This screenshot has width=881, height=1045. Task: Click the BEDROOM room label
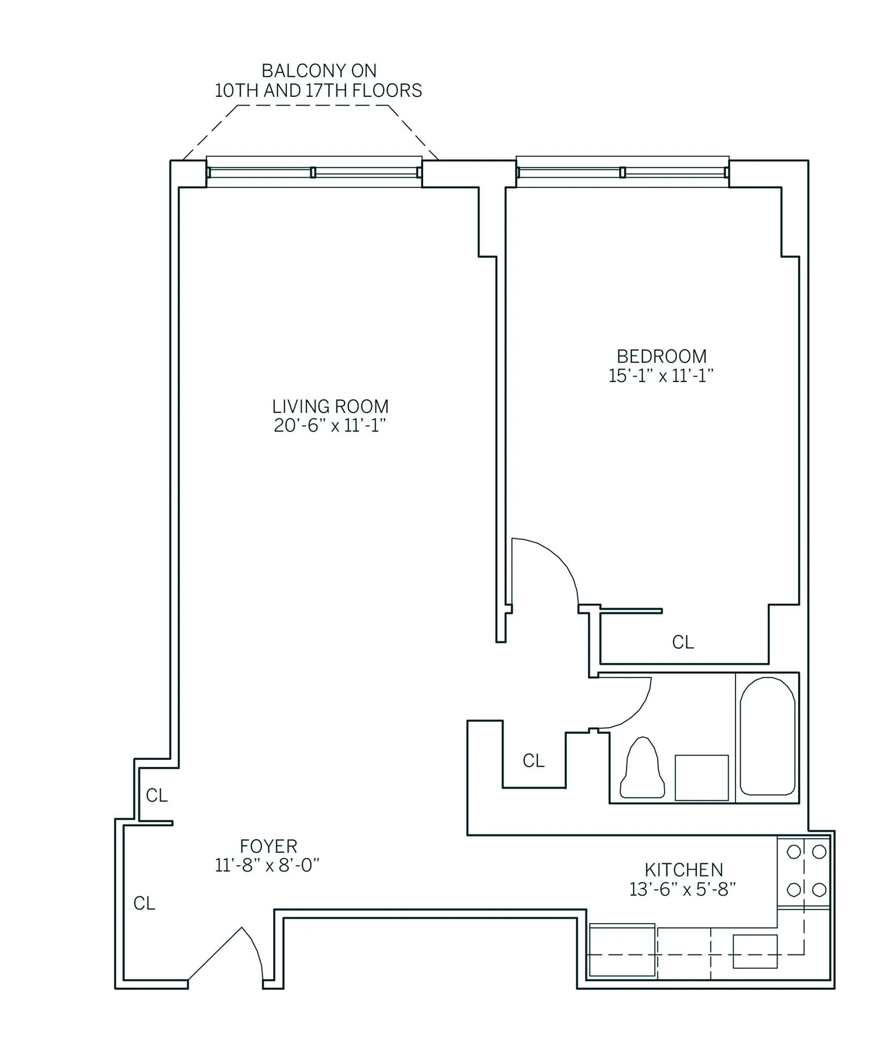coord(661,356)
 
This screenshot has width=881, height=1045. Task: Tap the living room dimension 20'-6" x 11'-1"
coord(330,426)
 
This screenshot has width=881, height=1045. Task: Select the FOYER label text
coord(268,846)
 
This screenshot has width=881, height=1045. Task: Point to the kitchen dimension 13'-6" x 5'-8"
coord(683,889)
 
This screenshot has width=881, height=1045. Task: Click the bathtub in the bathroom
coord(767,736)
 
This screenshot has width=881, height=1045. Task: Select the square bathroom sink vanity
coord(701,777)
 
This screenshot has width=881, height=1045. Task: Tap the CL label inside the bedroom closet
coord(683,642)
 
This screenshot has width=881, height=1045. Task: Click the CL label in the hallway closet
coord(533,761)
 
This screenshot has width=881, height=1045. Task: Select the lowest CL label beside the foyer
coord(144,903)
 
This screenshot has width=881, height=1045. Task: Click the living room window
coord(314,172)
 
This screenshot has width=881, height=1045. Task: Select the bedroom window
coord(622,172)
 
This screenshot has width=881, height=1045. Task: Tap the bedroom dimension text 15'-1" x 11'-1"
coord(660,376)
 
